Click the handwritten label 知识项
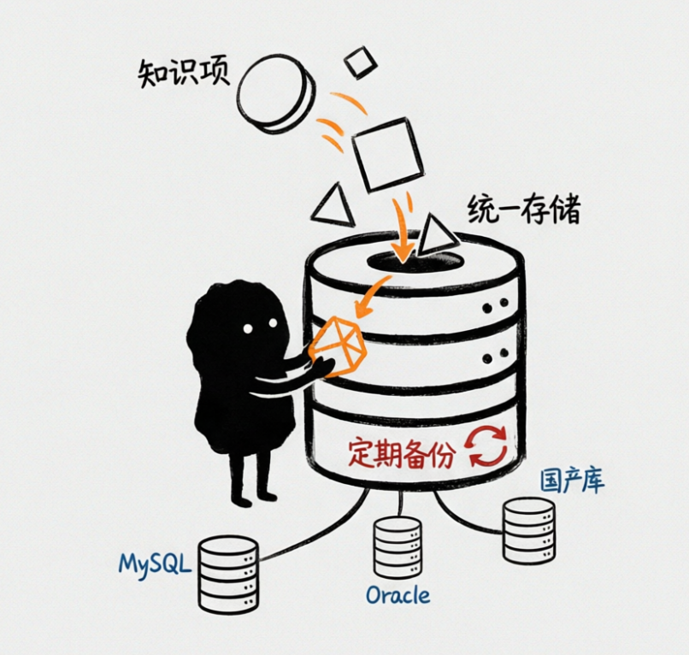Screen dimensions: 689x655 [184, 74]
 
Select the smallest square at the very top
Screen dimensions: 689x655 [361, 62]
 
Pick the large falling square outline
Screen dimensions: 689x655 [387, 154]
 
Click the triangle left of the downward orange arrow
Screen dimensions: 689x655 [335, 205]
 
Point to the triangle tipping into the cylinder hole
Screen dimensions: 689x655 [436, 235]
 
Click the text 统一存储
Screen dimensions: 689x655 [524, 209]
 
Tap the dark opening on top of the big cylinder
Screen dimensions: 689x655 [415, 261]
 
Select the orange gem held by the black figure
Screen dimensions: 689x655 [338, 346]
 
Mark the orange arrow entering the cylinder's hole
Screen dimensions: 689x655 [402, 230]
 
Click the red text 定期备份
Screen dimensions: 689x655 [401, 452]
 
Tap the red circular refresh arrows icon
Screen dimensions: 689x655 [488, 446]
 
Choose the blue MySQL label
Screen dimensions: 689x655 [155, 564]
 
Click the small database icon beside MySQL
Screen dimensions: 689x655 [228, 574]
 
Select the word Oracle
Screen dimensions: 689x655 [397, 596]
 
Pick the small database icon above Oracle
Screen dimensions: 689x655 [397, 548]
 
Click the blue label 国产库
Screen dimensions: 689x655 [572, 481]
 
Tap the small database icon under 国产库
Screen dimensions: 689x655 [528, 531]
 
